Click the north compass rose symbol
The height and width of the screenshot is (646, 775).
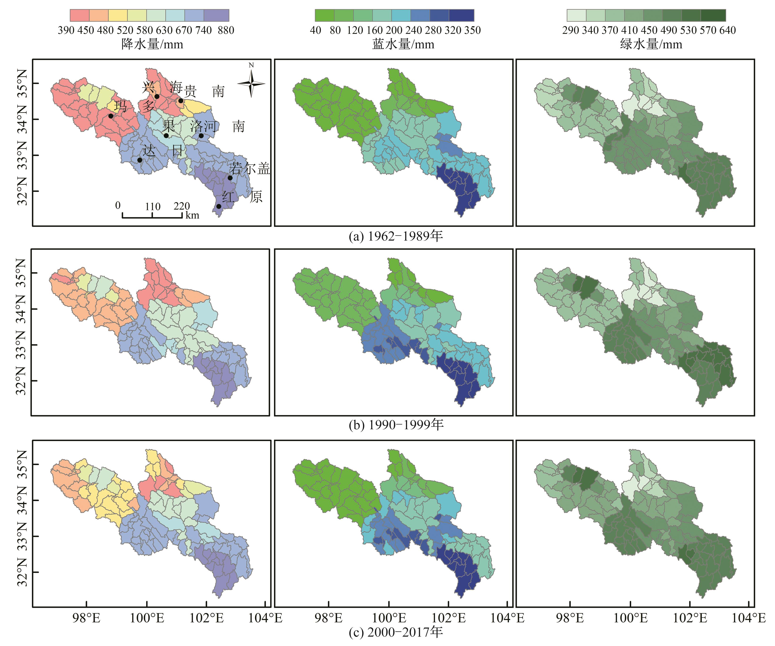[251, 83]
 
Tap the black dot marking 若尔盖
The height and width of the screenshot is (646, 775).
[230, 178]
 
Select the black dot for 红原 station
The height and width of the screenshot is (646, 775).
[219, 206]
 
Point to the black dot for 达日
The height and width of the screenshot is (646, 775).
[140, 160]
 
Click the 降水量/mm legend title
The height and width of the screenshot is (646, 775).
[152, 45]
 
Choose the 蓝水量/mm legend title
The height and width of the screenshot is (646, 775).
[403, 45]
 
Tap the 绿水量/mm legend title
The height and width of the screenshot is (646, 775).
[651, 45]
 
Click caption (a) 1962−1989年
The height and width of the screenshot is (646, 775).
[396, 236]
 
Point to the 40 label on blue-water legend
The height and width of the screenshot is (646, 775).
[315, 30]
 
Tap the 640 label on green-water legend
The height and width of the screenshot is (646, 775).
[727, 30]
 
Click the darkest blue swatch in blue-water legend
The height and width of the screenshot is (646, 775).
[461, 16]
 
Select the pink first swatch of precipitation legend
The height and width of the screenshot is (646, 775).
[79, 16]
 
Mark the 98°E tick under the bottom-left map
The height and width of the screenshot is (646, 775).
[86, 618]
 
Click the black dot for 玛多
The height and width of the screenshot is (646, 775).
[111, 116]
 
